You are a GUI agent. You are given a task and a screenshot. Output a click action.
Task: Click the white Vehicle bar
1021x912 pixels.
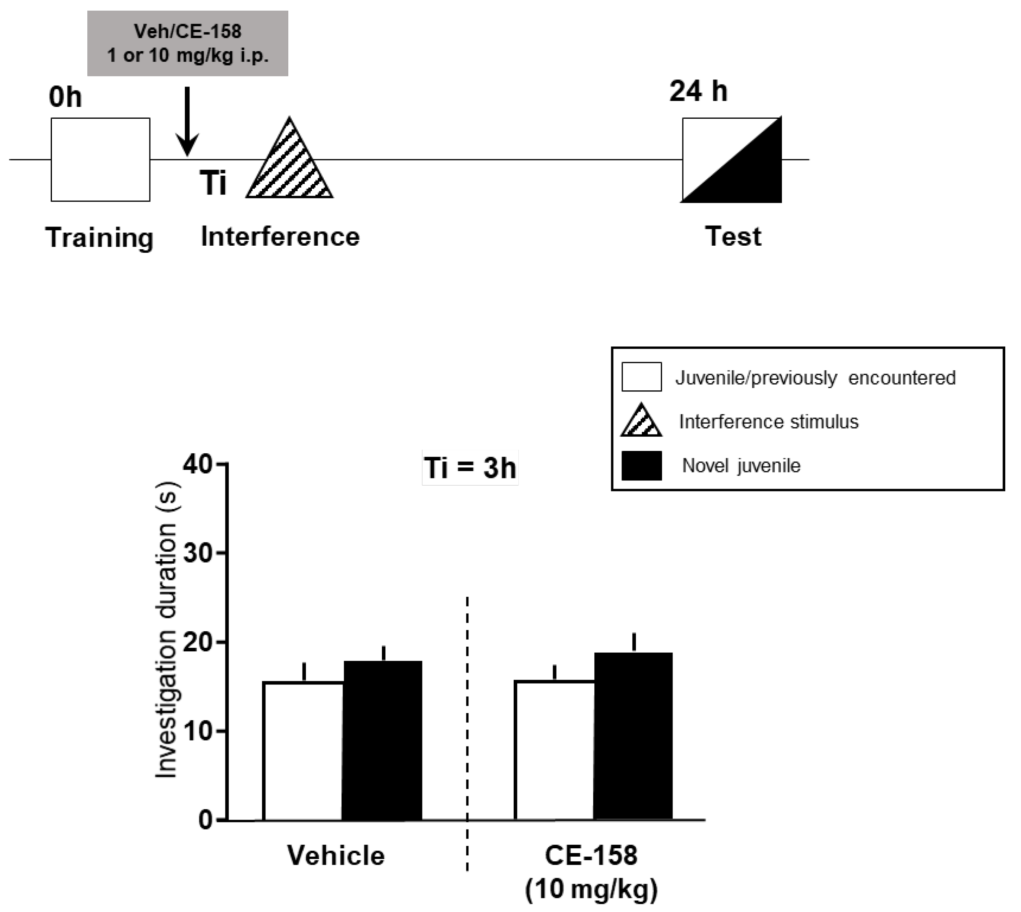303,751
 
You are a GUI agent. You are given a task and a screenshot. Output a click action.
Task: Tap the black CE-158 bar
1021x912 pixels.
633,737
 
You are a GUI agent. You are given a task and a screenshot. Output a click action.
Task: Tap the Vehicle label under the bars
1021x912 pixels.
336,855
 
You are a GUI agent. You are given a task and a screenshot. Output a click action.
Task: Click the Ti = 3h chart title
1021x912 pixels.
470,468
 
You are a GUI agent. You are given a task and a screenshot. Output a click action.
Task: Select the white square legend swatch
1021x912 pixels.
641,377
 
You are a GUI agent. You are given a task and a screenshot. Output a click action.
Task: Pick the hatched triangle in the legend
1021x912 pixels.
641,421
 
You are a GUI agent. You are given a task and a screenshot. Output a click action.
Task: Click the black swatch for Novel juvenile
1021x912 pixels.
641,465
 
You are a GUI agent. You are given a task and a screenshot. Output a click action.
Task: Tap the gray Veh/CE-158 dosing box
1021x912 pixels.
188,43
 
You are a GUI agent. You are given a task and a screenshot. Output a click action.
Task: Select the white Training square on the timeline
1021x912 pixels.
100,159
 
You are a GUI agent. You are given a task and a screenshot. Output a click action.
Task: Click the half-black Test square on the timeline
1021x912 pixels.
732,160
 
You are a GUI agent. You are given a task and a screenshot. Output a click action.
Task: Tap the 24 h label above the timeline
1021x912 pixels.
698,91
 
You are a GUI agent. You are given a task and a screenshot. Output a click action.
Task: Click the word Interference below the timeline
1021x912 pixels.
280,237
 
